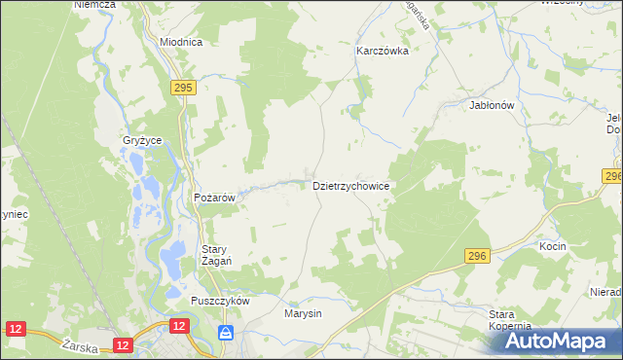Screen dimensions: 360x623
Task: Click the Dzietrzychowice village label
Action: pos(351,185)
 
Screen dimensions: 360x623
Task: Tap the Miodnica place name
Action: pos(180,43)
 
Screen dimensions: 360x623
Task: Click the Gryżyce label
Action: pos(142,141)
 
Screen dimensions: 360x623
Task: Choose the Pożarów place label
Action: pos(215,198)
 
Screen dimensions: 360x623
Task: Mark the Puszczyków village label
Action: pos(221,301)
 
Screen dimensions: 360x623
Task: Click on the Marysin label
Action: pos(303,314)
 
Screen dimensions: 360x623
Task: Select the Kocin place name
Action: pos(552,247)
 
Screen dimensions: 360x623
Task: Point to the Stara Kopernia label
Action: pos(509,320)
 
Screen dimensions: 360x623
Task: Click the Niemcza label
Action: pos(94,5)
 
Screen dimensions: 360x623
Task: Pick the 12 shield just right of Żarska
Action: pos(122,344)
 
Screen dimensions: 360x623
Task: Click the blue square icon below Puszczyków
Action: pos(226,333)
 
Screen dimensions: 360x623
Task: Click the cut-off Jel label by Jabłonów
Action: pos(613,118)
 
